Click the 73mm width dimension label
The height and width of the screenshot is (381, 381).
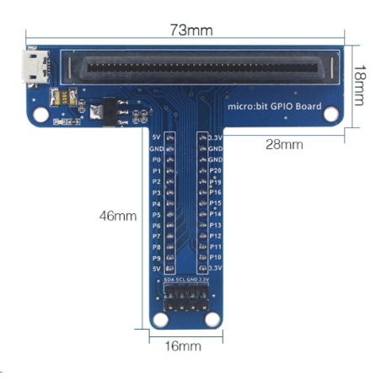coord(190,30)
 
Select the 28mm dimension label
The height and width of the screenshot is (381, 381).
coord(285,145)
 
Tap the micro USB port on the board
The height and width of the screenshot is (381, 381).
coord(34,68)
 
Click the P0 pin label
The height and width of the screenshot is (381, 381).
coord(156,159)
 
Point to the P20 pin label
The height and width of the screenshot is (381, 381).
coord(215,170)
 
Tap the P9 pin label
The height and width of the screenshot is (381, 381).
coord(156,258)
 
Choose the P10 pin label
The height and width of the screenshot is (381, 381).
coord(215,257)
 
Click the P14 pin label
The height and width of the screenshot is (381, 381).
coord(215,214)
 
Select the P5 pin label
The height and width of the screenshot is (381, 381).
coord(156,214)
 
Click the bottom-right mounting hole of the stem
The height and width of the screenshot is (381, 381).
coord(213,319)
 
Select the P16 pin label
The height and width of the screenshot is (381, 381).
coord(215,192)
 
